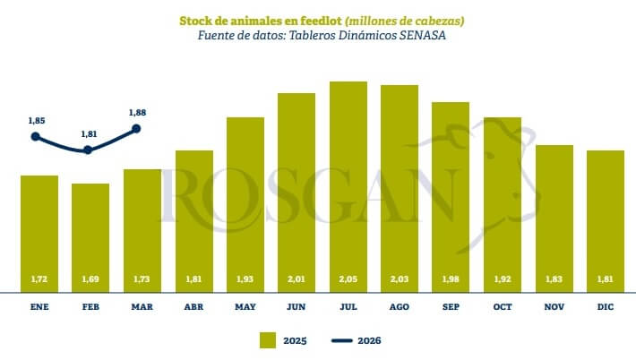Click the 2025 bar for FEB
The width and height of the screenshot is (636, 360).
[90, 237]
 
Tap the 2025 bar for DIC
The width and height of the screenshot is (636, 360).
[606, 221]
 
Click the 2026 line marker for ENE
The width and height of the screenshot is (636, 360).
[36, 137]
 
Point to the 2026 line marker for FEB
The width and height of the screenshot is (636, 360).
[88, 150]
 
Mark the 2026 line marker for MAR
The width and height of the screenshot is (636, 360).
[137, 128]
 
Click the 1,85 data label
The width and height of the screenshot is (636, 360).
[36, 120]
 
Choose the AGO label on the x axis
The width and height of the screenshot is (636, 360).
[400, 306]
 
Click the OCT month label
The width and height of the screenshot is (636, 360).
[503, 306]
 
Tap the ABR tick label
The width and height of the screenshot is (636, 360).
[193, 306]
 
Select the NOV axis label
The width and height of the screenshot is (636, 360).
[554, 306]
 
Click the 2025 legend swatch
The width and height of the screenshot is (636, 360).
[267, 340]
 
